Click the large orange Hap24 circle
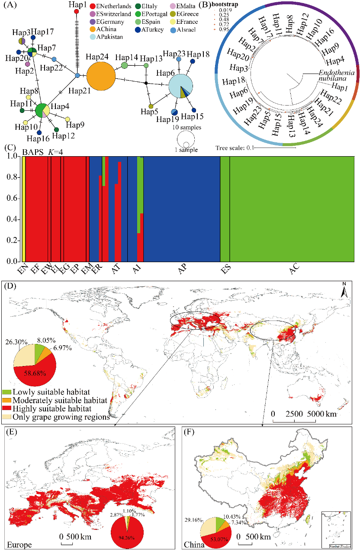[101, 77]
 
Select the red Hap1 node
[77, 12]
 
